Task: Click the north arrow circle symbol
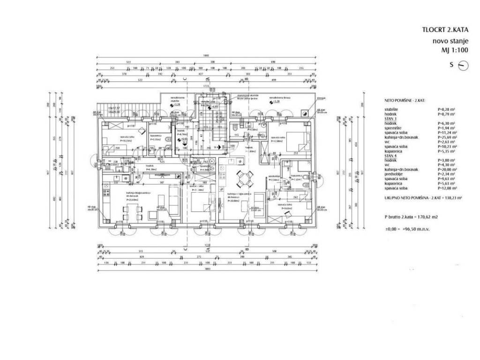click(463, 66)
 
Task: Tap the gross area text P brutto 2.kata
click(411, 217)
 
